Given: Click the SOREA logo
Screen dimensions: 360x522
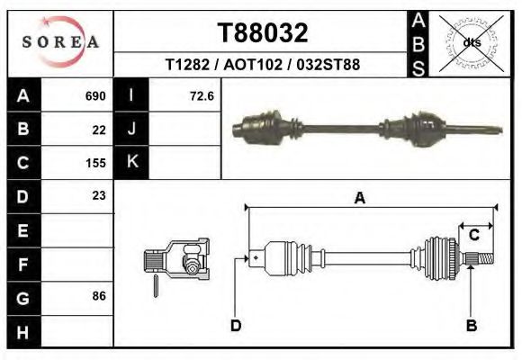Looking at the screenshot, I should click(x=60, y=42).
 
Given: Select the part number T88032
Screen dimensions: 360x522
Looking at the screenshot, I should click(x=263, y=33).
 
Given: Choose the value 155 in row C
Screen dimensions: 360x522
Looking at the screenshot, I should click(x=95, y=164).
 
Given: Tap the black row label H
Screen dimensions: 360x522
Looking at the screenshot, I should click(x=22, y=330).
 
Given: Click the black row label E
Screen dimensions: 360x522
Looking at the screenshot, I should click(x=22, y=230).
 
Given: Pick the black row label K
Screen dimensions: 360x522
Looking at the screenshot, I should click(x=132, y=162).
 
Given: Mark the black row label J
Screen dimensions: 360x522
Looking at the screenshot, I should click(x=132, y=129).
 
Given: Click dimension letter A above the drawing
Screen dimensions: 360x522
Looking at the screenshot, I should click(x=359, y=199).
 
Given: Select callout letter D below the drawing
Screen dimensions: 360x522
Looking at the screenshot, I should click(x=236, y=326).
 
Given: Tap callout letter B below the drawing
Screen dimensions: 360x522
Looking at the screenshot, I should click(x=471, y=326).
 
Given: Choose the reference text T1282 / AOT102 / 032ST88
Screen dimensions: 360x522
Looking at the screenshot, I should click(x=263, y=66).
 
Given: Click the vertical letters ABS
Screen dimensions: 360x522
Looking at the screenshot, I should click(x=418, y=43).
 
